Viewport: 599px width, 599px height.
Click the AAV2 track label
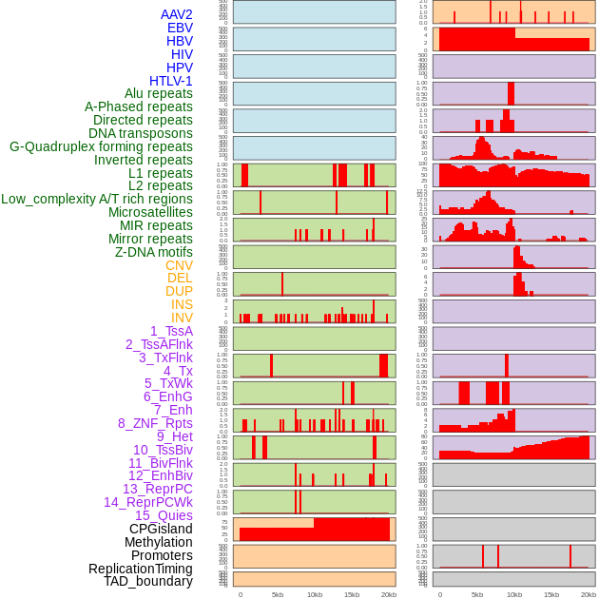point(177,14)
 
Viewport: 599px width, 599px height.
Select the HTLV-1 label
point(171,81)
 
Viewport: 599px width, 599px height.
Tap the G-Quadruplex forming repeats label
point(101,146)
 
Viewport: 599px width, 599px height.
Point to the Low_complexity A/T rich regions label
point(97,199)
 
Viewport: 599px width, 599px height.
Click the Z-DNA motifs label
point(154,252)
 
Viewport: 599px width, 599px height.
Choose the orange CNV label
point(179,265)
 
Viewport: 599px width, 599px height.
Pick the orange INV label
point(182,318)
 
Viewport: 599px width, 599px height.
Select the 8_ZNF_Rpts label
point(155,423)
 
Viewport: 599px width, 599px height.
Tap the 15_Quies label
point(163,515)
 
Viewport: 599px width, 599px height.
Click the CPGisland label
point(161,529)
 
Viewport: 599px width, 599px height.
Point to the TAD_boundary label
point(148,581)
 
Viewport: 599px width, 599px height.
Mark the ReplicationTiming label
point(141,569)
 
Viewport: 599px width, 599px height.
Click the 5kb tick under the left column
point(278,594)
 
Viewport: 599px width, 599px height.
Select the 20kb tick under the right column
point(589,594)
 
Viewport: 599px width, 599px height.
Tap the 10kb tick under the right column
point(513,594)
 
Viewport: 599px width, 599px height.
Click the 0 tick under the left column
point(240,594)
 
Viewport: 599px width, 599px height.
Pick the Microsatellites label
point(150,212)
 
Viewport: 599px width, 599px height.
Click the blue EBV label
point(180,28)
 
